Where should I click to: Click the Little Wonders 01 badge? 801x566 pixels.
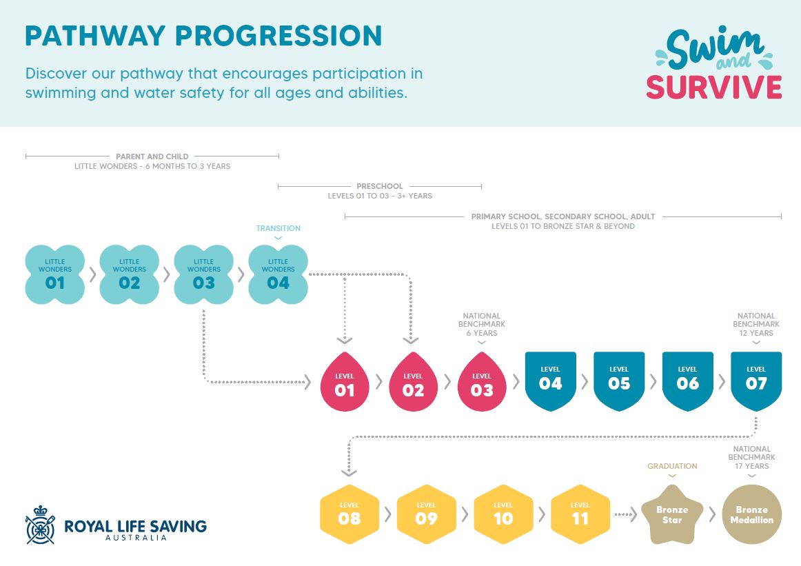pyautogui.click(x=54, y=274)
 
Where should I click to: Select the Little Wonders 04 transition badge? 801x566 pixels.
pyautogui.click(x=278, y=274)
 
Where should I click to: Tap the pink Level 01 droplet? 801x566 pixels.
pyautogui.click(x=344, y=382)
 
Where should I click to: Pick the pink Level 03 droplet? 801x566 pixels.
pyautogui.click(x=482, y=382)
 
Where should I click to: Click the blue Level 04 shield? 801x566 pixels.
pyautogui.click(x=551, y=381)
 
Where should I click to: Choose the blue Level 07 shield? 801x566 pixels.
pyautogui.click(x=756, y=381)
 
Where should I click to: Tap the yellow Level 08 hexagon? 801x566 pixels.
pyautogui.click(x=349, y=514)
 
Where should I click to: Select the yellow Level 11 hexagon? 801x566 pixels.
pyautogui.click(x=580, y=514)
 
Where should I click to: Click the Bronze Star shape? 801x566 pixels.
pyautogui.click(x=672, y=515)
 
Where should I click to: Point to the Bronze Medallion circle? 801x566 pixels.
pyautogui.click(x=752, y=514)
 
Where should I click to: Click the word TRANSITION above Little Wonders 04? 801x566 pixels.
pyautogui.click(x=278, y=228)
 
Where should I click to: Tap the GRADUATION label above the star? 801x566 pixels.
pyautogui.click(x=672, y=466)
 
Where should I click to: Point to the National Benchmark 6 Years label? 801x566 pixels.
pyautogui.click(x=482, y=325)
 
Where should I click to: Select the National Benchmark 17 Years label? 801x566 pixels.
pyautogui.click(x=752, y=457)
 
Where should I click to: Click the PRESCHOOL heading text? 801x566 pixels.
pyautogui.click(x=380, y=186)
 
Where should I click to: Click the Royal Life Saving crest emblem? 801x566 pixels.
pyautogui.click(x=41, y=525)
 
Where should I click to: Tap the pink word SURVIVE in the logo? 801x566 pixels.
pyautogui.click(x=713, y=87)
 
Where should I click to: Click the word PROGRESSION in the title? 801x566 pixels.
pyautogui.click(x=278, y=36)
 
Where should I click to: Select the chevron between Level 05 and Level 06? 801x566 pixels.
pyautogui.click(x=653, y=382)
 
